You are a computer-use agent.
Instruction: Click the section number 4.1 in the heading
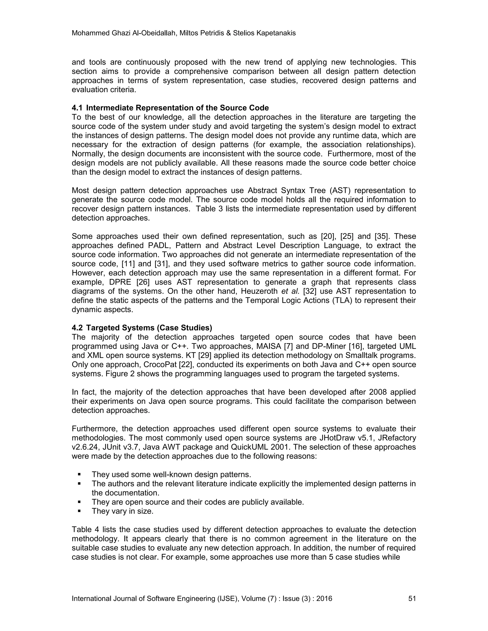click(77, 108)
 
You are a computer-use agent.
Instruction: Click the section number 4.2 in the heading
click(77, 328)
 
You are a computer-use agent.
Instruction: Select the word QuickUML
click(249, 447)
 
